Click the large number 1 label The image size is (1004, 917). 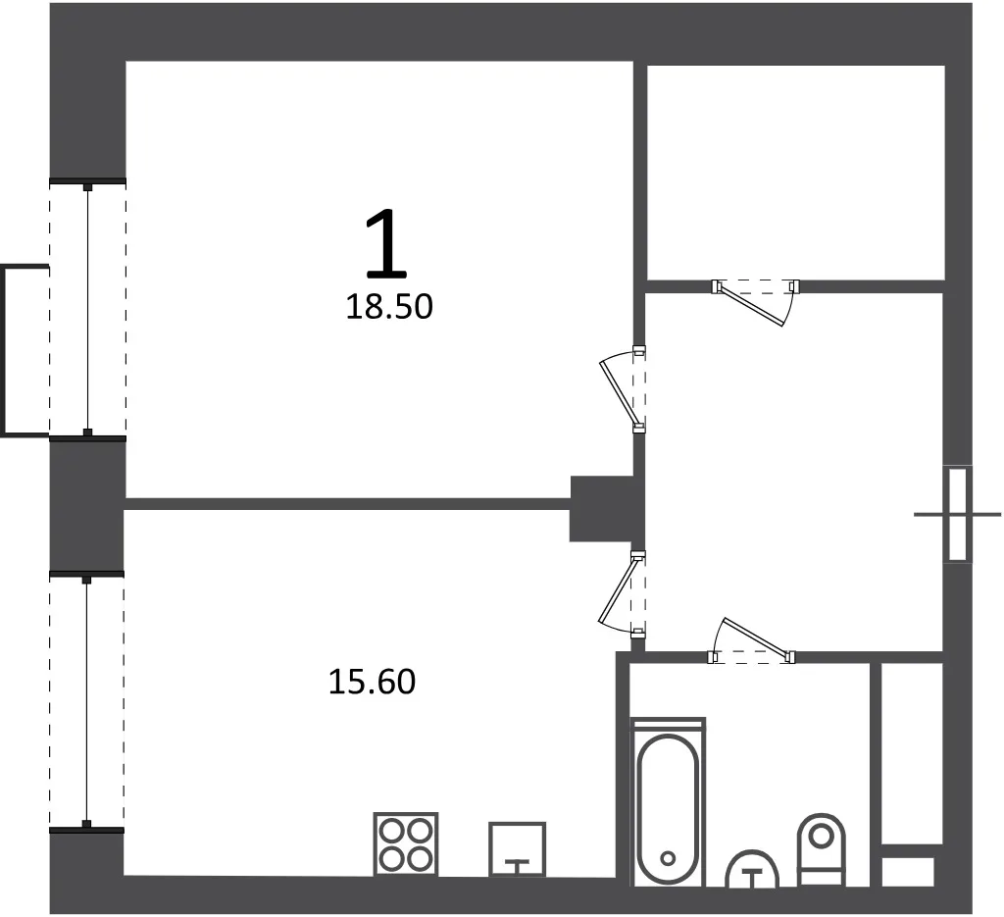(386, 244)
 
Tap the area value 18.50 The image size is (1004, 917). (389, 307)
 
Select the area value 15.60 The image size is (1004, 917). (372, 682)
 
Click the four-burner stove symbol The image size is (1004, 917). (406, 844)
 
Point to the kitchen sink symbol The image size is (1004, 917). (518, 849)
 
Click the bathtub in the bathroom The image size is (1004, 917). (668, 802)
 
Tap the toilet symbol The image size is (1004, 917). (822, 849)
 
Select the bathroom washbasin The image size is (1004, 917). (752, 869)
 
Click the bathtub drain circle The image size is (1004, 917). (668, 858)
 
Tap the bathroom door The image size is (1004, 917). (751, 641)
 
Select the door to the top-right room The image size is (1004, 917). (756, 302)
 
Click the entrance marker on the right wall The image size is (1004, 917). (957, 514)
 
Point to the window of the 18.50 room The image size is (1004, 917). (87, 310)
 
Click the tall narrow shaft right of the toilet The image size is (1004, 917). (912, 754)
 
